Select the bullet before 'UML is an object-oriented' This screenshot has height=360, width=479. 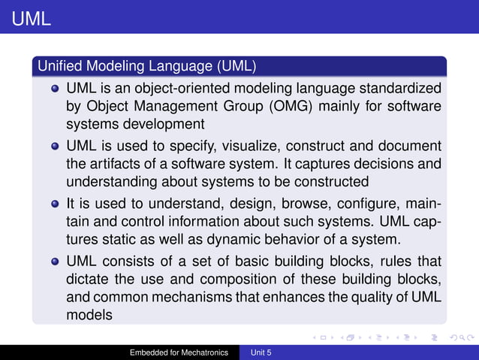click(56, 89)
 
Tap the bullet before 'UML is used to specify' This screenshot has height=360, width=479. click(56, 146)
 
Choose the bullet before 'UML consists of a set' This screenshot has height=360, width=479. click(56, 262)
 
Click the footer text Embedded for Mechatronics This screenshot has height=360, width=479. click(179, 352)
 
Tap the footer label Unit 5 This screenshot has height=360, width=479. click(261, 352)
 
